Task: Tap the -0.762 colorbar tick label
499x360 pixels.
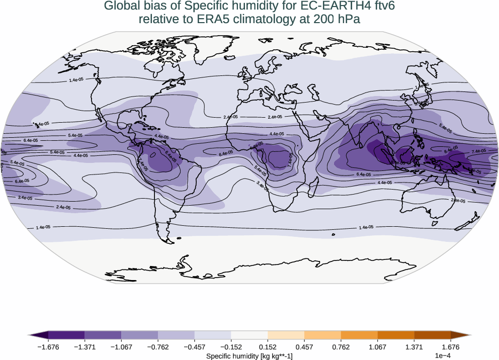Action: point(157,347)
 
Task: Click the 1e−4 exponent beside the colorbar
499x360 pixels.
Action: point(442,356)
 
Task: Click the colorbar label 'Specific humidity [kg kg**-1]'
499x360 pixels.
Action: point(249,356)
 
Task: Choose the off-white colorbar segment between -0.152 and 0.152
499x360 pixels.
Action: point(249,334)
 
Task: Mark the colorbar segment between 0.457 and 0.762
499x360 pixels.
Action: point(322,334)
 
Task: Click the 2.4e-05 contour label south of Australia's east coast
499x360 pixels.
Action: point(458,201)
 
